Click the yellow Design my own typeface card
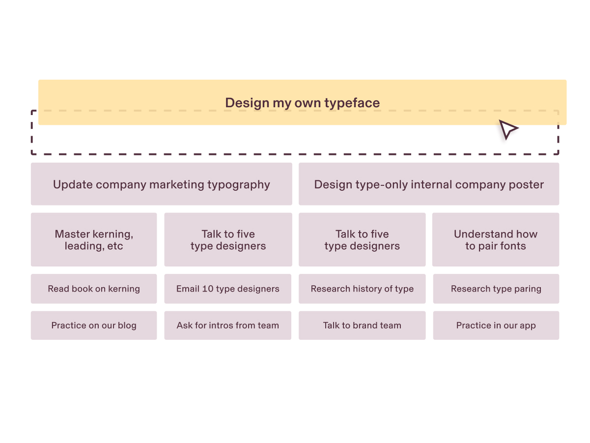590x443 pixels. pyautogui.click(x=302, y=102)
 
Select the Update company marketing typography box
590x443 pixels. pyautogui.click(x=161, y=184)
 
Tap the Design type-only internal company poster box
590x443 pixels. pyautogui.click(x=429, y=184)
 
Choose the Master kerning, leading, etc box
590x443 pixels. pyautogui.click(x=94, y=240)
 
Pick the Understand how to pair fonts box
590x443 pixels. pyautogui.click(x=496, y=240)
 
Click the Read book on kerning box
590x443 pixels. pyautogui.click(x=94, y=289)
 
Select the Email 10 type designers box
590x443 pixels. pyautogui.click(x=228, y=289)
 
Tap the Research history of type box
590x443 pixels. pyautogui.click(x=362, y=289)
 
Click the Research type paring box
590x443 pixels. pyautogui.click(x=496, y=289)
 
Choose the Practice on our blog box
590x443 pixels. pyautogui.click(x=94, y=325)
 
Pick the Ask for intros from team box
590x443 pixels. pyautogui.click(x=228, y=325)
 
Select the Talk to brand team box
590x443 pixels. pyautogui.click(x=362, y=325)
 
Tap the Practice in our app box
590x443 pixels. pyautogui.click(x=496, y=325)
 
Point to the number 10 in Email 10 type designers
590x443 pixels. pyautogui.click(x=208, y=289)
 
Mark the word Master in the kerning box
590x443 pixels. pyautogui.click(x=72, y=234)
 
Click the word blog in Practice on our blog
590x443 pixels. pyautogui.click(x=127, y=325)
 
